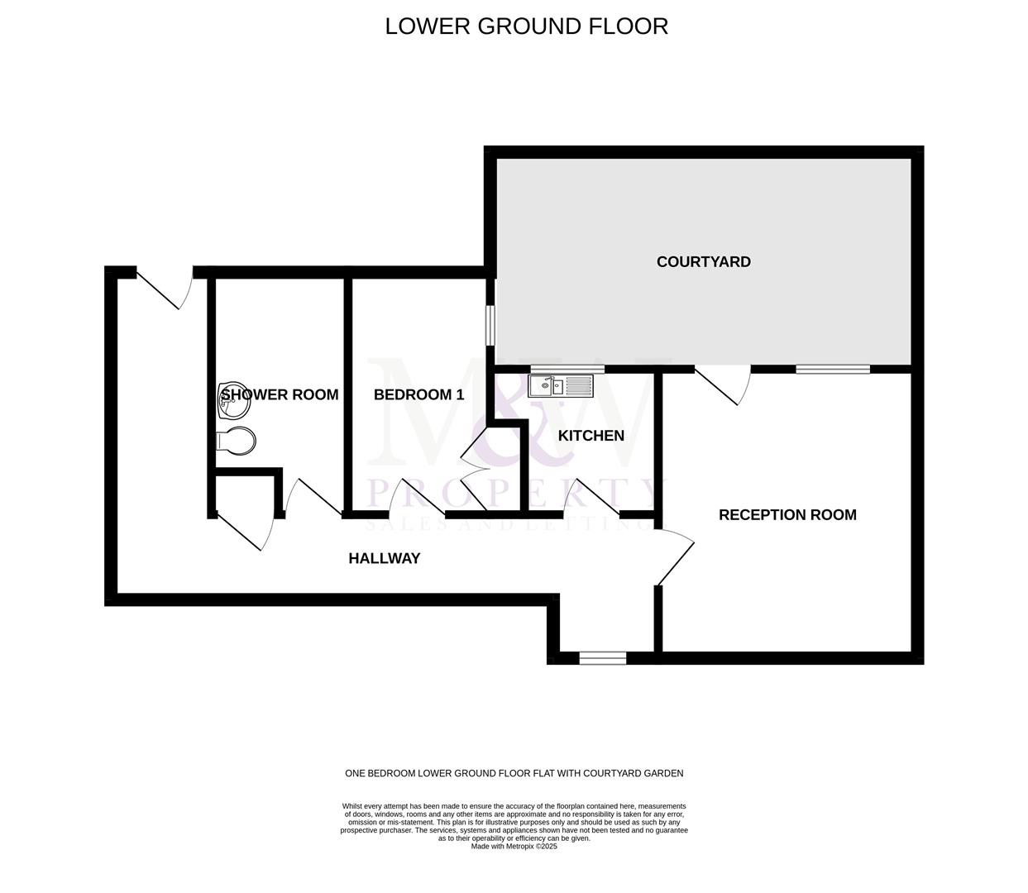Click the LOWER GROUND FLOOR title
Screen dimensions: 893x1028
[x=526, y=26]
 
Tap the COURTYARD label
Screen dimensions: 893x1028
[x=703, y=262]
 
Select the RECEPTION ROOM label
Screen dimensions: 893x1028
[x=787, y=515]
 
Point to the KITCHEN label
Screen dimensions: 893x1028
[x=591, y=436]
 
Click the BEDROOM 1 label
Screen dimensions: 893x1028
[x=418, y=395]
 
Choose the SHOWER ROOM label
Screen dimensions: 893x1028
[x=280, y=395]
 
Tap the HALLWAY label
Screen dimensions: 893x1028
[x=384, y=559]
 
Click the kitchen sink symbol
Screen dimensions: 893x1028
[x=560, y=385]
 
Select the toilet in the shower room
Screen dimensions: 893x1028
[x=236, y=441]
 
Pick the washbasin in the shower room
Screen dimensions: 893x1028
[x=229, y=401]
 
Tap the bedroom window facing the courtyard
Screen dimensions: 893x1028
[x=490, y=326]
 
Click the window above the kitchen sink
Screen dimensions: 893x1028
[x=567, y=369]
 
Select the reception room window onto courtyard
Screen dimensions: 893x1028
[x=832, y=369]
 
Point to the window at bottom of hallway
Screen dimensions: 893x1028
[x=602, y=658]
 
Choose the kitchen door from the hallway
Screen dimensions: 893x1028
[x=591, y=498]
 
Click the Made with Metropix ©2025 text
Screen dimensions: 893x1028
[x=514, y=847]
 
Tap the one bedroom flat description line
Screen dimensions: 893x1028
[x=514, y=774]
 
